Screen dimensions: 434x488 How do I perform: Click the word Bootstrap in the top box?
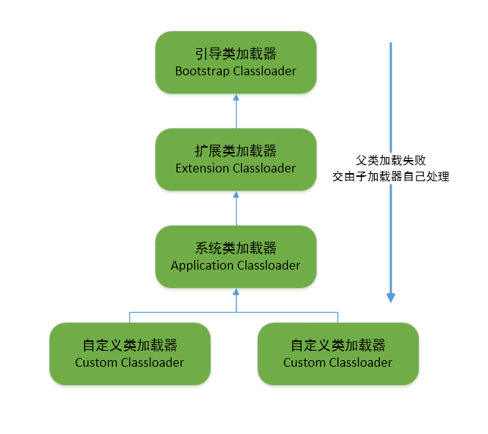[202, 71]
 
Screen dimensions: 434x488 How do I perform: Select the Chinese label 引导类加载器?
[235, 54]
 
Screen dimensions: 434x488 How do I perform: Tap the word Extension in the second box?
[202, 168]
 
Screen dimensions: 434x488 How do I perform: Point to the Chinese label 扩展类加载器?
[235, 151]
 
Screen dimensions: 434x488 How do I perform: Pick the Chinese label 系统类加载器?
[235, 248]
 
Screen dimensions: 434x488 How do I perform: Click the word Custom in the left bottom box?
[96, 362]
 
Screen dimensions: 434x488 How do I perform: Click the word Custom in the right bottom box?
[305, 362]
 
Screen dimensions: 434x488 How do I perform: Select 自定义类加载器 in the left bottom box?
[129, 346]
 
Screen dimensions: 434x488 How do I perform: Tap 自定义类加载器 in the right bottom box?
[338, 346]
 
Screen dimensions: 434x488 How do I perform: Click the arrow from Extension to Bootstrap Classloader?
[235, 111]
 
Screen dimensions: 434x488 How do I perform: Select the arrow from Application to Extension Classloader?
[235, 208]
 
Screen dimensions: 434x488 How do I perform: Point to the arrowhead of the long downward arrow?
[391, 297]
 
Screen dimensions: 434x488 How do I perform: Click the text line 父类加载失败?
[390, 160]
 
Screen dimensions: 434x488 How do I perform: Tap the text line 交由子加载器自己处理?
[390, 176]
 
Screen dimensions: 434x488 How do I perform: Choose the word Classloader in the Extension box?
[264, 168]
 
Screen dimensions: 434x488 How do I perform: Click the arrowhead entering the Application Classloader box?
[235, 292]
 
